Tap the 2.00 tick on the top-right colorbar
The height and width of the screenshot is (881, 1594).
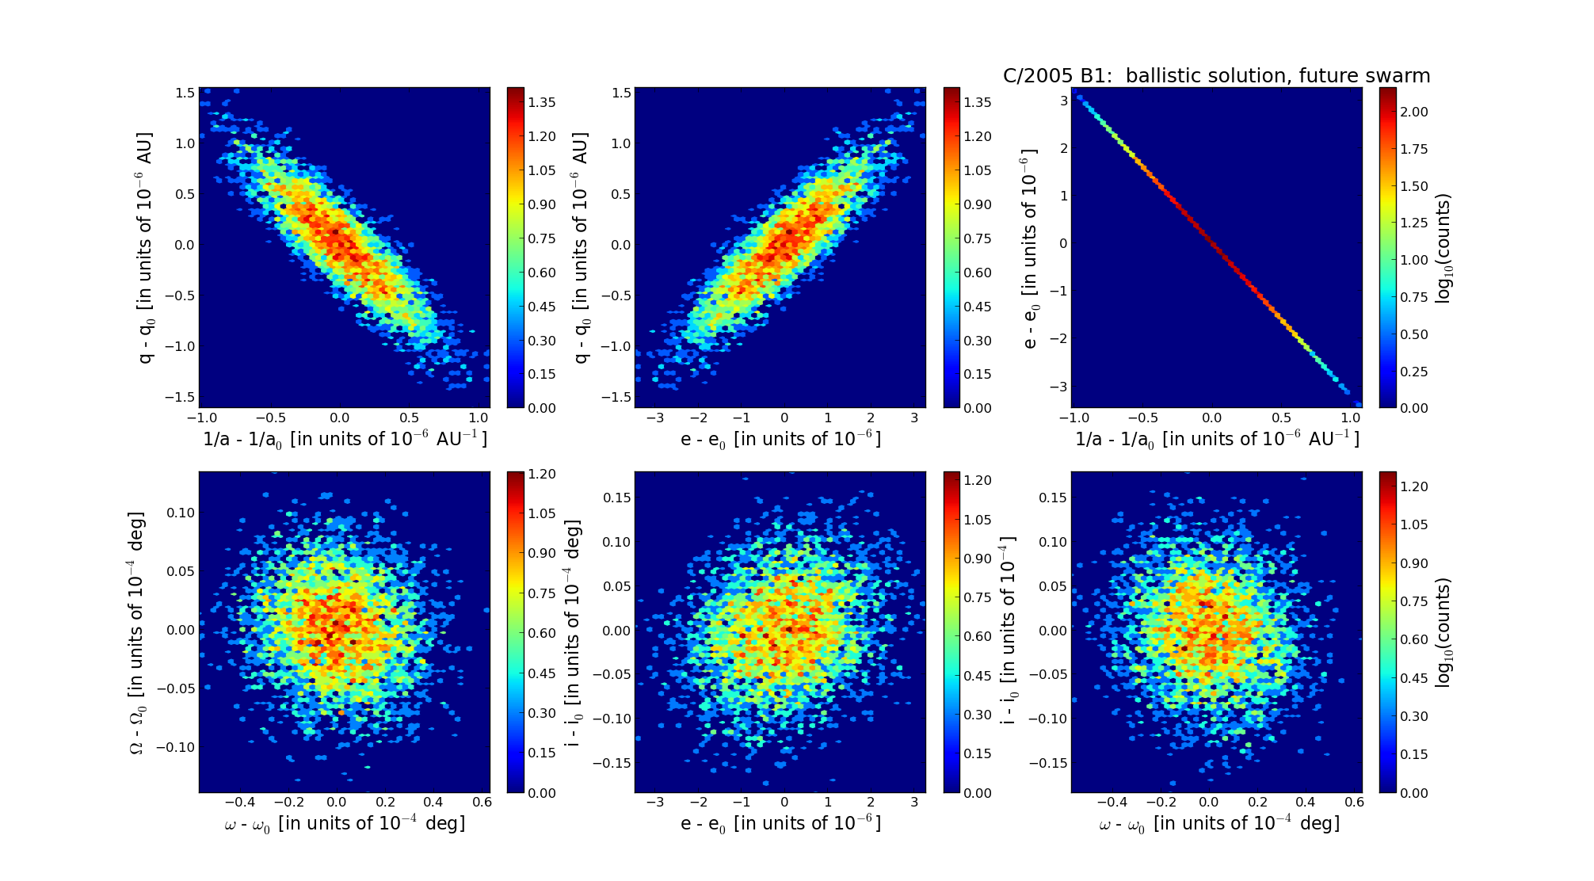pos(1413,112)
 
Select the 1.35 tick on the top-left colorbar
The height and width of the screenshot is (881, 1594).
pos(542,102)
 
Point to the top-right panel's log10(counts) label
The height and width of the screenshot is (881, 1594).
pos(1443,249)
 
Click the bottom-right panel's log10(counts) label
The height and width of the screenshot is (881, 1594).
pos(1443,632)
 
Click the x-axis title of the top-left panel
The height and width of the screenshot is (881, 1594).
pos(345,439)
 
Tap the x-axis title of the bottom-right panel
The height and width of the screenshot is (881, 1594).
pos(1218,824)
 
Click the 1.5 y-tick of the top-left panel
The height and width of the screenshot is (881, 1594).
pos(185,93)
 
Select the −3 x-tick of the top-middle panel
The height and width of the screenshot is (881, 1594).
pos(654,418)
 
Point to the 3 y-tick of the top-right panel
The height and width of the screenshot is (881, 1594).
pos(1064,101)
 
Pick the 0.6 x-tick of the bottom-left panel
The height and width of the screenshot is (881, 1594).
pos(482,802)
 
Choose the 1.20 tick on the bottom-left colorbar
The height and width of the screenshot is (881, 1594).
pos(542,474)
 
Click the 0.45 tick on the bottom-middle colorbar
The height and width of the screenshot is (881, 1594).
pos(978,676)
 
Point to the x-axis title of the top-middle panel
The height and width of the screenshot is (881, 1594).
pos(780,439)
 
